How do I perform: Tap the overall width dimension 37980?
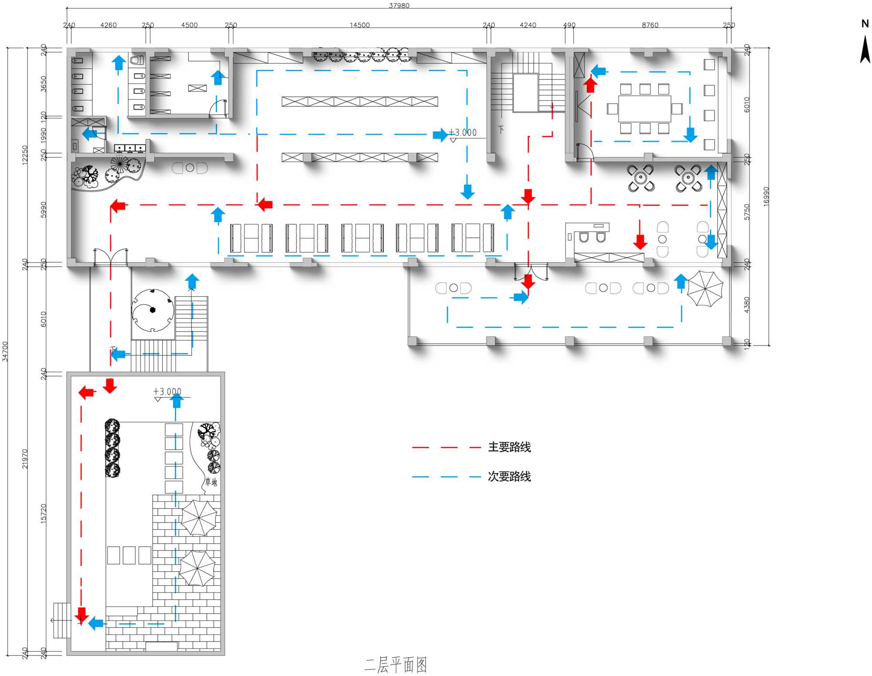coord(399,5)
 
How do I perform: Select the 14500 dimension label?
coord(359,25)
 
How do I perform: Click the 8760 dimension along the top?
coord(650,25)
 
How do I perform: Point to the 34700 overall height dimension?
coord(5,351)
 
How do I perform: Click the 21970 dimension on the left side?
coord(25,459)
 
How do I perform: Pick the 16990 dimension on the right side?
coord(766,196)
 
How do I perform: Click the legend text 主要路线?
coord(509,447)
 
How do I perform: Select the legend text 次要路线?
coord(509,477)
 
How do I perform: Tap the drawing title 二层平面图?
coord(395,665)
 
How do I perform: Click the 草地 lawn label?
coord(211,482)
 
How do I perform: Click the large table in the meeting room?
coord(644,109)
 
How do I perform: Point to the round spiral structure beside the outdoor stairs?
coord(153,310)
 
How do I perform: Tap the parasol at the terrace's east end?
coord(705,288)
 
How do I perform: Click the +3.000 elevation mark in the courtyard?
coord(167,392)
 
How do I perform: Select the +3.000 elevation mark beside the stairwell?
coord(463,133)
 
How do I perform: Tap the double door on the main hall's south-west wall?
coord(111,257)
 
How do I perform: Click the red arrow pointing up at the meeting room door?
coord(591,84)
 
